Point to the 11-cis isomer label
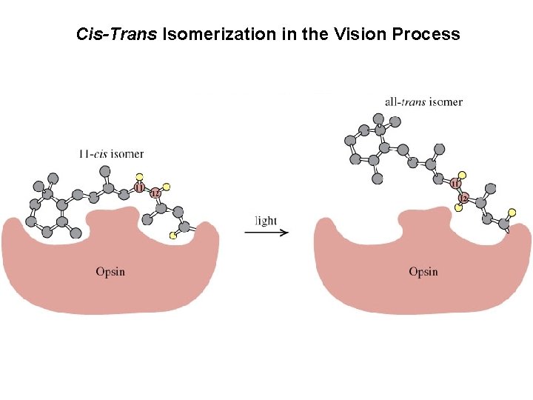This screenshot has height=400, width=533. coord(111,154)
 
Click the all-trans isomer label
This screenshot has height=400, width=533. coord(423,101)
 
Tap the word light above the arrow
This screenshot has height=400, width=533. coord(266,221)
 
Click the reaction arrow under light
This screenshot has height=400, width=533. coord(266,233)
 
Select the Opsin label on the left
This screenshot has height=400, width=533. coord(110,272)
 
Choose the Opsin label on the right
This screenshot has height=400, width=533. coord(423,272)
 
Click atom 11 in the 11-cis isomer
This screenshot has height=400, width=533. coord(140,187)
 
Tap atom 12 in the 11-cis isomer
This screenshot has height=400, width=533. coord(155,193)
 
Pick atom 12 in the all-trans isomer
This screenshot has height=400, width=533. coord(463,199)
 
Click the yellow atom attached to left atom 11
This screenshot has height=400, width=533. coord(138,176)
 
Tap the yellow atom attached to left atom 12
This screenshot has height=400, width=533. coord(167,186)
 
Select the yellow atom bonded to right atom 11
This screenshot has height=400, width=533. coord(461,174)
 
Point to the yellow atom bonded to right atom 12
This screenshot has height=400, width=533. coord(458,208)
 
